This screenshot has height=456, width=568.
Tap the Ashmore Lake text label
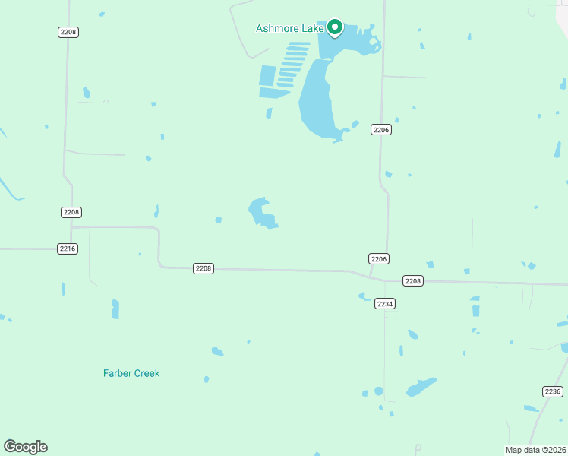point(290,29)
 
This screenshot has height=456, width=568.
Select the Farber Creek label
point(131,373)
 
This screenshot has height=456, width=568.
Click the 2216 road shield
point(68,249)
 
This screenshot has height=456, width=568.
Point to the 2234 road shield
point(385,303)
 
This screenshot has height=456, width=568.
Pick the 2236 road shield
point(553,391)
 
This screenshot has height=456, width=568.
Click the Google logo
point(25,446)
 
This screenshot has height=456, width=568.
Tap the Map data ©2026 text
point(535,449)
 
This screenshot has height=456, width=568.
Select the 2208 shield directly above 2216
point(71,212)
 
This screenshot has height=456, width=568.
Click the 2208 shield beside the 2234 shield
point(412,281)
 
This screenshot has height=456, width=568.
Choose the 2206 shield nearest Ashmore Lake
point(381,130)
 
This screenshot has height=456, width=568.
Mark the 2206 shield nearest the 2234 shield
point(380,259)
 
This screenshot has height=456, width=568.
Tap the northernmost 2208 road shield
point(68,32)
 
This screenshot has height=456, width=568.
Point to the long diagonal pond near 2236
point(421,387)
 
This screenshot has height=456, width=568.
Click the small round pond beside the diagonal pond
point(378,391)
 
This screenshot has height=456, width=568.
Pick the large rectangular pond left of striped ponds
point(267,76)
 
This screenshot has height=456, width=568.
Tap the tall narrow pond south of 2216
point(115,309)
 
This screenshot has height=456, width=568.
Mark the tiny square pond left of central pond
point(219,220)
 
